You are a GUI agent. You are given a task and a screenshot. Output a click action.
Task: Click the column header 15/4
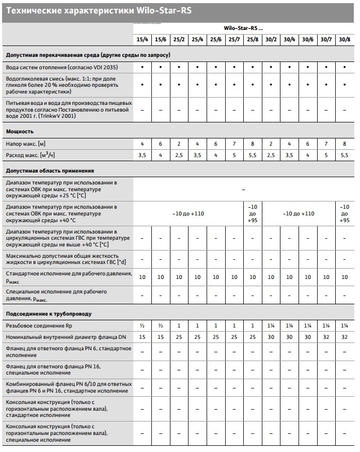(142, 39)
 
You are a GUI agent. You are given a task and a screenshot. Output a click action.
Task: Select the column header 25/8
(253, 39)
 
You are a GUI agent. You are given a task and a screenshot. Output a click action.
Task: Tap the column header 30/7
(326, 39)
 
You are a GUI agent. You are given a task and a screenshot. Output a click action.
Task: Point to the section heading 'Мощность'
(20, 131)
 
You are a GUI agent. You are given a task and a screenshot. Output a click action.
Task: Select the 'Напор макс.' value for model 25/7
(234, 143)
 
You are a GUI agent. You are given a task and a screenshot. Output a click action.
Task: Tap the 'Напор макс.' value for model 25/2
(179, 143)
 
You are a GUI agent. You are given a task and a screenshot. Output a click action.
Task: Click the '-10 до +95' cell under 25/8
(253, 213)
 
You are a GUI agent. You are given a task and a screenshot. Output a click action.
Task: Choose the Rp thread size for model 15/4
(142, 325)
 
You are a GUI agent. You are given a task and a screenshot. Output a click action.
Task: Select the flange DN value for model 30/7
(326, 337)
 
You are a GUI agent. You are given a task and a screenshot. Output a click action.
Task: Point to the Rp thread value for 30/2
(271, 325)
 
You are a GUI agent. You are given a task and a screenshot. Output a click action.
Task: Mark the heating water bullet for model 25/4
(197, 67)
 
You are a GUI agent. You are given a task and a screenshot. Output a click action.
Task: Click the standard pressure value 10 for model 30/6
(307, 277)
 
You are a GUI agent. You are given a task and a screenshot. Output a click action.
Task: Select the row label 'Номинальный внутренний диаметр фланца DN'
(66, 337)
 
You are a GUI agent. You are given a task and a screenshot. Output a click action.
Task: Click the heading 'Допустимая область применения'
(50, 170)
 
